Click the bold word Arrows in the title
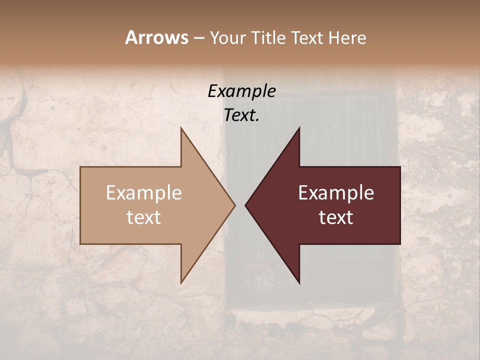[x=156, y=37]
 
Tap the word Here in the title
[x=347, y=37]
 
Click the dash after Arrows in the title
[x=198, y=38]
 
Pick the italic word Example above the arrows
[x=241, y=91]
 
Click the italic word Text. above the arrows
[x=241, y=115]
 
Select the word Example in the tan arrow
[x=144, y=193]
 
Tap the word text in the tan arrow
[x=144, y=217]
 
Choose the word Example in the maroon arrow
[x=336, y=193]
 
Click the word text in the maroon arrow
[x=336, y=217]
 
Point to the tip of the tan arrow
[x=235, y=205]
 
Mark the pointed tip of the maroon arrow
[x=245, y=205]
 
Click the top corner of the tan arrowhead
[x=181, y=128]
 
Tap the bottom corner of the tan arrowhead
[x=181, y=283]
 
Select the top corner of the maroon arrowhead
[x=299, y=128]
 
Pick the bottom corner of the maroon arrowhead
[x=299, y=283]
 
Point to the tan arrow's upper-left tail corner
[x=80, y=167]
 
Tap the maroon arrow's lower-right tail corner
[x=400, y=244]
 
